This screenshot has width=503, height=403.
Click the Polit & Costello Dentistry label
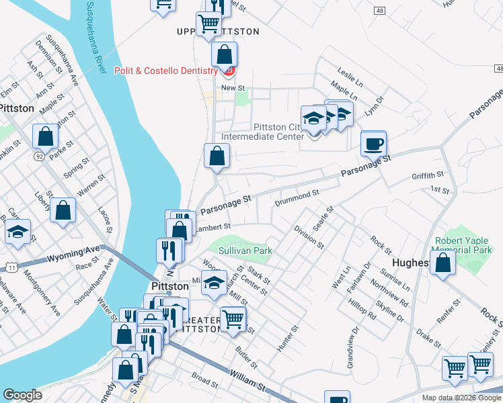[x=174, y=71]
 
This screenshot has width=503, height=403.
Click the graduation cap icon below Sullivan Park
[x=215, y=285]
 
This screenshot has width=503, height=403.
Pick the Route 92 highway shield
[x=40, y=156]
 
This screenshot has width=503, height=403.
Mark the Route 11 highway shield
[x=12, y=267]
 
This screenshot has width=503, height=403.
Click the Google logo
[x=22, y=394]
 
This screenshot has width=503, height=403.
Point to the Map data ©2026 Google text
[x=461, y=398]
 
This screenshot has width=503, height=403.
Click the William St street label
[x=248, y=381]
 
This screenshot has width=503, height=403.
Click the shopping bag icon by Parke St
[x=45, y=136]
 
